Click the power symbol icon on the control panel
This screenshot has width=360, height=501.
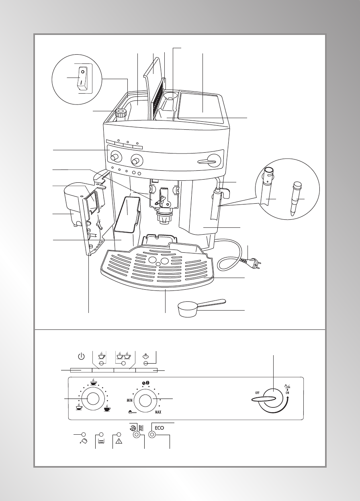(x=81, y=356)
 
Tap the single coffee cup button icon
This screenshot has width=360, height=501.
(x=102, y=356)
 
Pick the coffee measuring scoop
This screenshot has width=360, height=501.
(x=197, y=308)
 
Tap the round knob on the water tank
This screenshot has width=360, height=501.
(x=121, y=114)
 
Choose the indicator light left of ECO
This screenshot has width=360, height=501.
(x=137, y=435)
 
